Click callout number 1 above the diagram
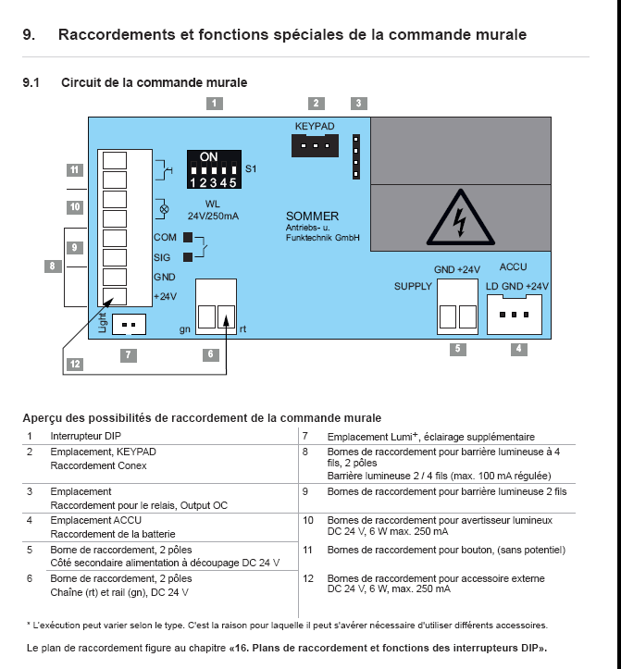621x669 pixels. tap(214, 104)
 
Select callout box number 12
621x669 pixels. tap(74, 365)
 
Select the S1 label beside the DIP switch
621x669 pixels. tap(251, 169)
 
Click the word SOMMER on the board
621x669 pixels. tap(312, 217)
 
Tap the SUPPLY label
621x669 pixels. tap(413, 286)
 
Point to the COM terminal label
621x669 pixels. tap(164, 238)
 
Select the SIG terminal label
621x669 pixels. tap(162, 258)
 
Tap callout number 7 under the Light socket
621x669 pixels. tap(128, 354)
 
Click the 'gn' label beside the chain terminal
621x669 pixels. tap(185, 328)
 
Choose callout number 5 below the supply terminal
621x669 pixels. tap(456, 349)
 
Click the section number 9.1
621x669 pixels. tap(31, 82)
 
